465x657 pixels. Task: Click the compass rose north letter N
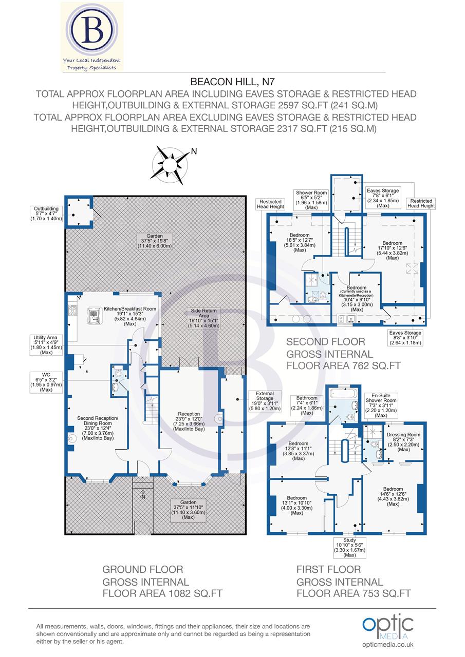pos(194,151)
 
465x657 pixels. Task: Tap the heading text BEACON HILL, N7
pos(232,81)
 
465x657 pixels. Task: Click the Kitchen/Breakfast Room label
pos(129,315)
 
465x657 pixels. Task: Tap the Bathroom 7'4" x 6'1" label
pos(307,405)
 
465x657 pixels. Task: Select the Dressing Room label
pos(403,441)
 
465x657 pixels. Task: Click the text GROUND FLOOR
pos(142,569)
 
